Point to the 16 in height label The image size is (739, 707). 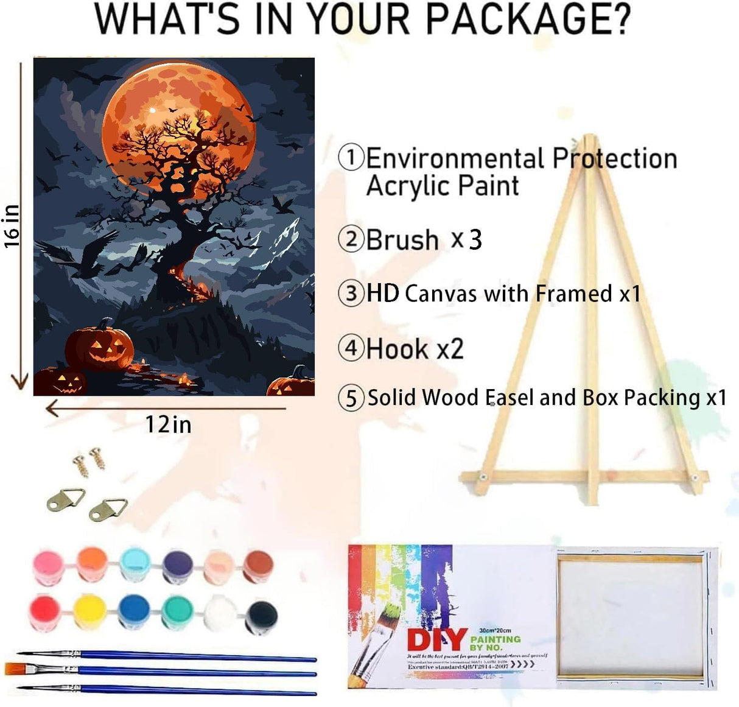click(x=12, y=226)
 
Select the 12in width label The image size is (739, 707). click(x=168, y=424)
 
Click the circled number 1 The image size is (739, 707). click(x=351, y=157)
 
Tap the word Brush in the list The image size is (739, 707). click(x=402, y=239)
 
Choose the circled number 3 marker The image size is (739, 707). click(x=351, y=293)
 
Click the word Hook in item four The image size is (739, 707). click(x=397, y=349)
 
